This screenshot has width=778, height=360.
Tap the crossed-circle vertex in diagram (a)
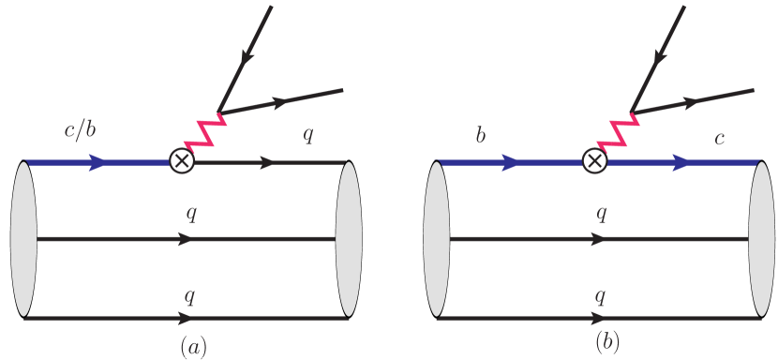click(x=181, y=162)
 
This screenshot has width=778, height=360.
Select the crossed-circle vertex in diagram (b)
click(x=593, y=162)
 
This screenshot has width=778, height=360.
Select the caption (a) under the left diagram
click(x=192, y=348)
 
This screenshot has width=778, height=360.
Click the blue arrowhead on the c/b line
click(x=97, y=162)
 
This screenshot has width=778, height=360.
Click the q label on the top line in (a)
click(x=307, y=134)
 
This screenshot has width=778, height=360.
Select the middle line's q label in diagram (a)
click(x=191, y=215)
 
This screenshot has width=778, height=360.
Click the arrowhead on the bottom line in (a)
click(x=187, y=319)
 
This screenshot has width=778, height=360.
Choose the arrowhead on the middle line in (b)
click(x=599, y=239)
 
